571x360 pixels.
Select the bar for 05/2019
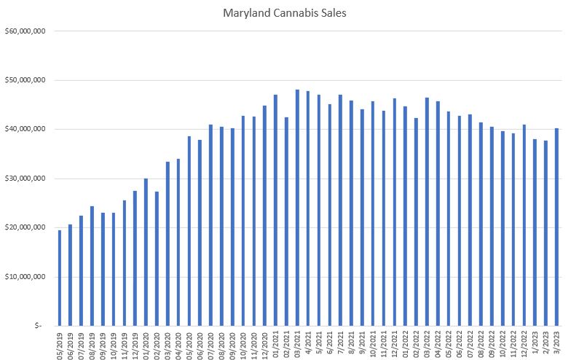pyautogui.click(x=59, y=278)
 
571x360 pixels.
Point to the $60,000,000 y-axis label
pyautogui.click(x=26, y=31)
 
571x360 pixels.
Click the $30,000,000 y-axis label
pyautogui.click(x=26, y=179)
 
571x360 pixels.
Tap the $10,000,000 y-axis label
pyautogui.click(x=26, y=277)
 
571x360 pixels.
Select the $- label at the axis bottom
pyautogui.click(x=39, y=326)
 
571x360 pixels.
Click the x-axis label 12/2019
pyautogui.click(x=135, y=343)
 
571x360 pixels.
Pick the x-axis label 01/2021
pyautogui.click(x=275, y=343)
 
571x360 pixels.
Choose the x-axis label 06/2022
pyautogui.click(x=459, y=343)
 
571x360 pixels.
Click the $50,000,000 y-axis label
pyautogui.click(x=26, y=80)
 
